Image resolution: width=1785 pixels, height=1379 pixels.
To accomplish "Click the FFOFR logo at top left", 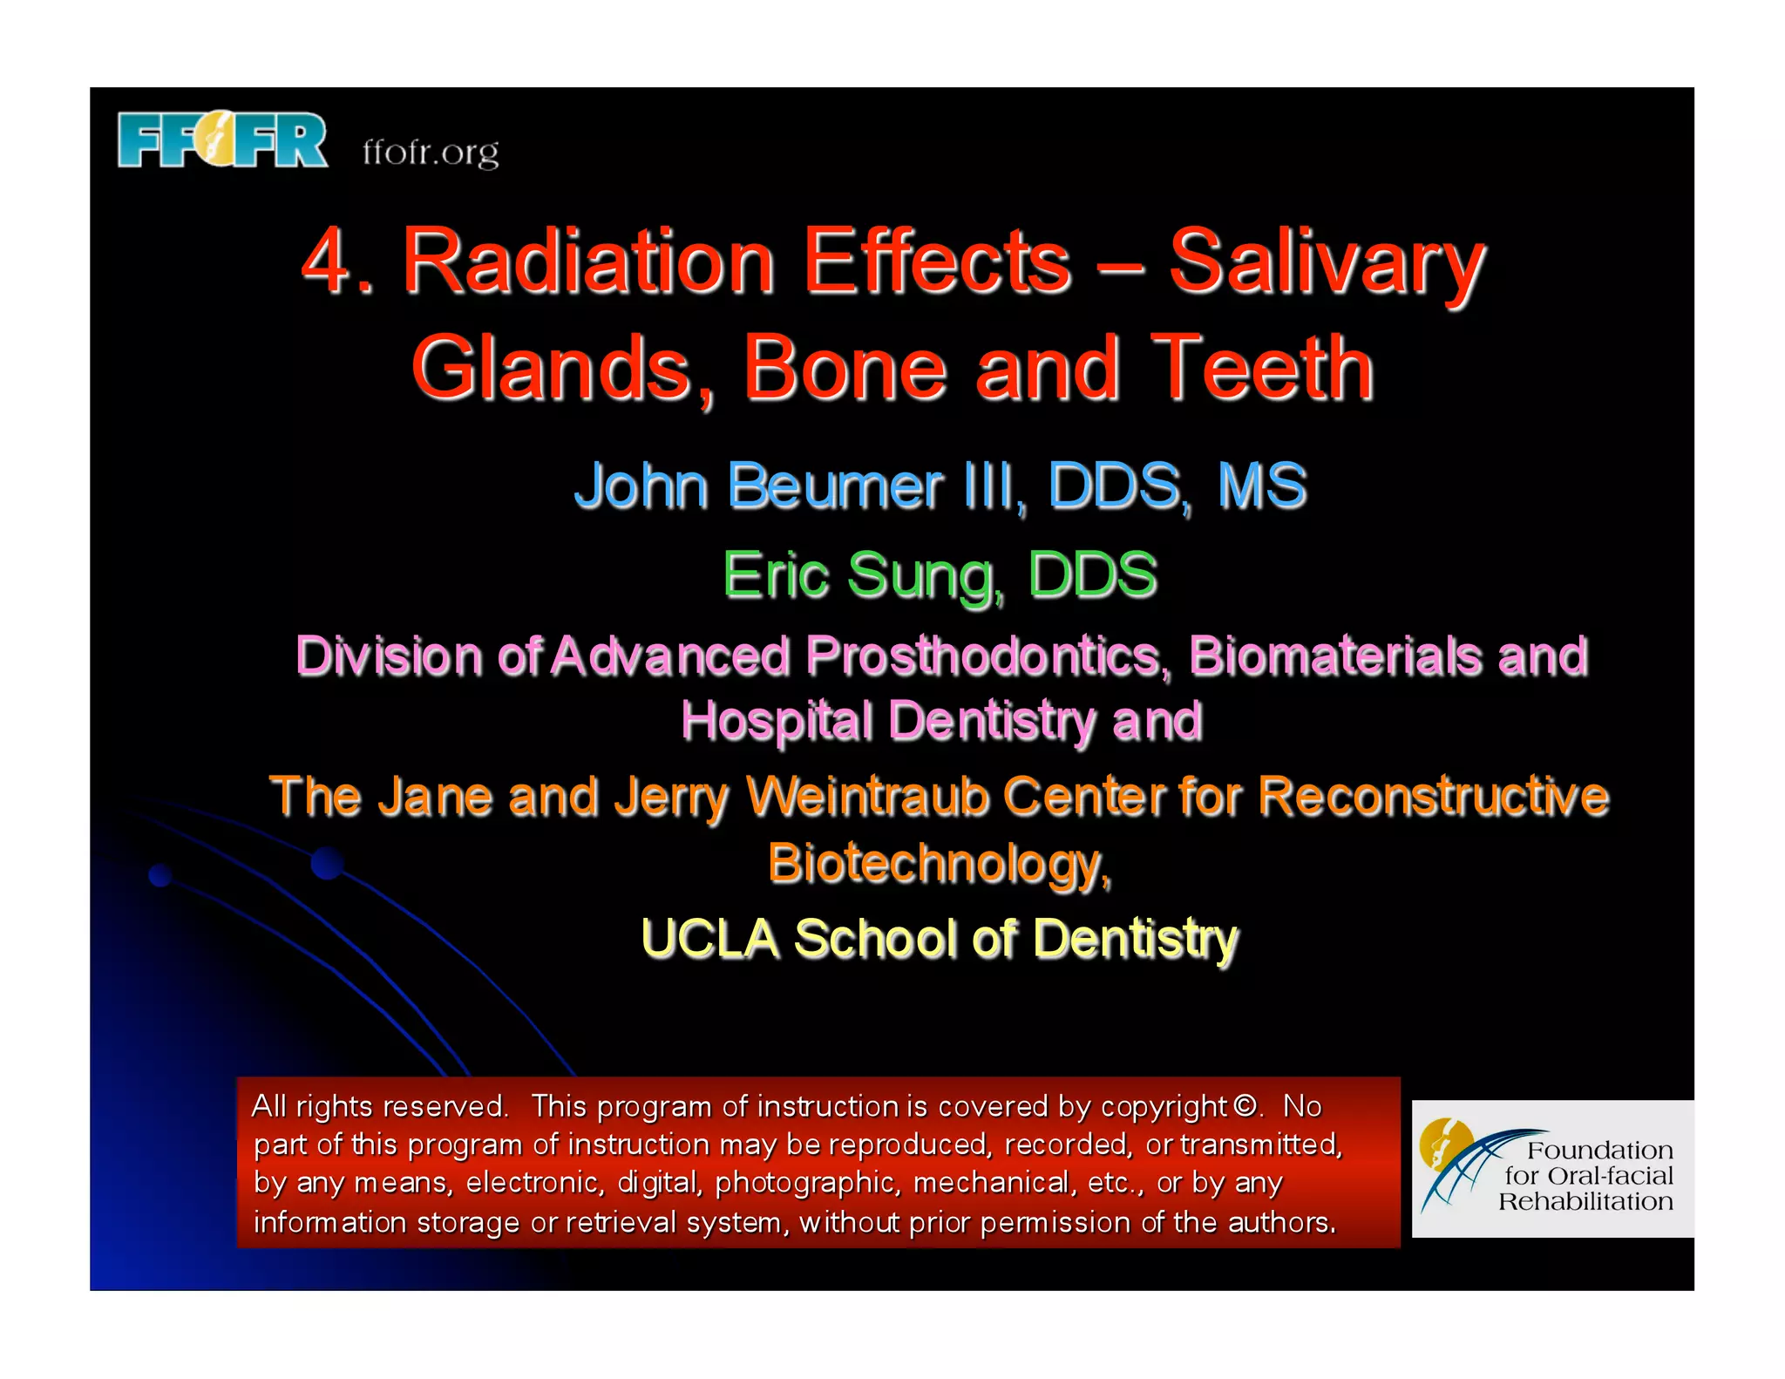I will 222,139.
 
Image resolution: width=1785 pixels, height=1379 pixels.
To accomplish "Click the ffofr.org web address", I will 431,153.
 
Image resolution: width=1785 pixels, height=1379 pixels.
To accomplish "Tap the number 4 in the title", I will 328,262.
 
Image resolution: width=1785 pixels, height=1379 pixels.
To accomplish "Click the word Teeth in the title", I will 1262,370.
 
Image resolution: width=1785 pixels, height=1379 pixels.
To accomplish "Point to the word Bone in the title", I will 844,370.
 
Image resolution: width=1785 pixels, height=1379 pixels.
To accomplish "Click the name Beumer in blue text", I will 835,486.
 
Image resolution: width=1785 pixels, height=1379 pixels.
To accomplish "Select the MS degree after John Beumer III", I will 1262,486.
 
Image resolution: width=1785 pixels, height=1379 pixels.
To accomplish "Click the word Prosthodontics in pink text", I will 987,656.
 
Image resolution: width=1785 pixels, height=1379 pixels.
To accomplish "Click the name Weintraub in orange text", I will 867,797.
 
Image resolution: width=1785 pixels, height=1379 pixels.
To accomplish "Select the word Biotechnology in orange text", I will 938,863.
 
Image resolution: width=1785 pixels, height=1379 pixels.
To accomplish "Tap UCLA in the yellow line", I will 709,939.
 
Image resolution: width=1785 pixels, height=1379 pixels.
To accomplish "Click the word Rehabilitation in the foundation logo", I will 1585,1202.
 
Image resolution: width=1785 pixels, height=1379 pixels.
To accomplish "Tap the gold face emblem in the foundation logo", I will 1442,1143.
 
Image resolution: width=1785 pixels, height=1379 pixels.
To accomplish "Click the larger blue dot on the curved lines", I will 327,863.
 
